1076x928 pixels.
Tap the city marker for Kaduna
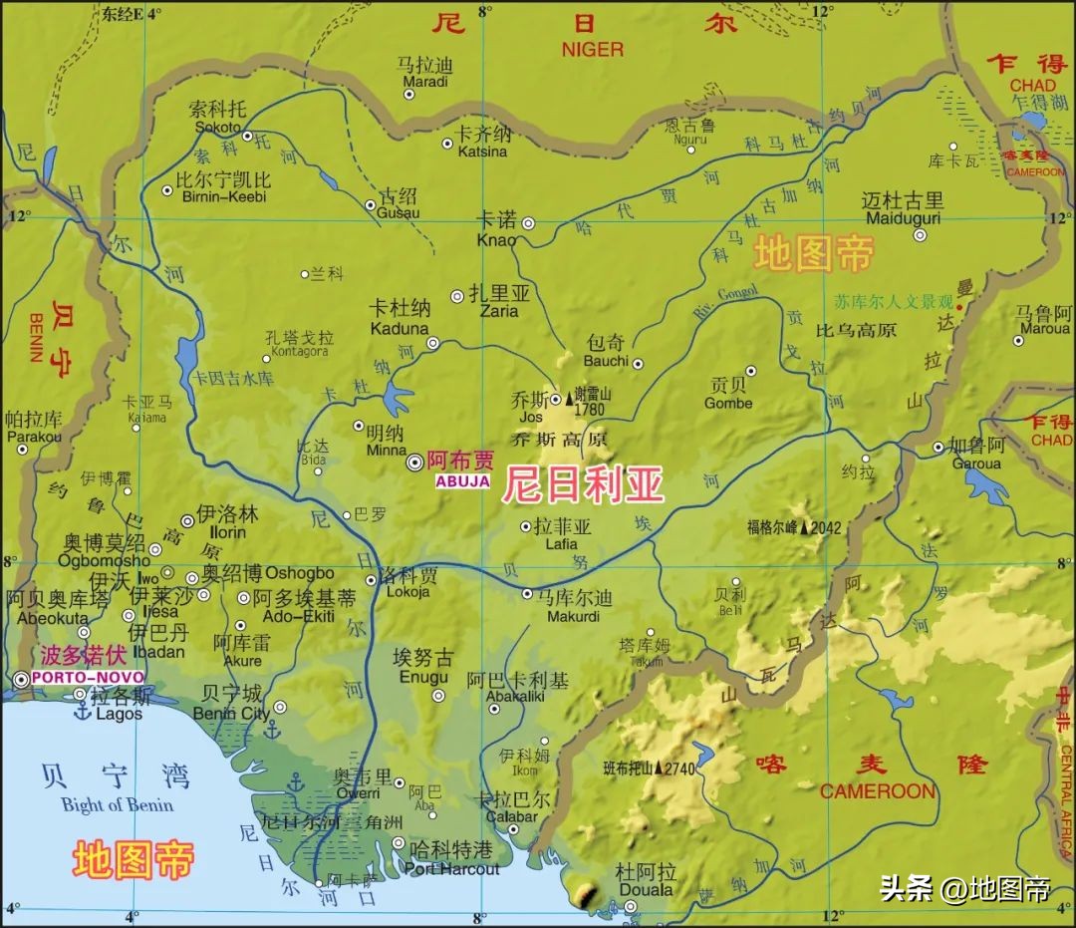tap(433, 343)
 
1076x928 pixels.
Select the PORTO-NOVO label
tap(73, 678)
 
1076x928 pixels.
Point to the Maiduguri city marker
tap(920, 236)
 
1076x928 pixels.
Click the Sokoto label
tap(217, 128)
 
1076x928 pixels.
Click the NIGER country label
tap(592, 49)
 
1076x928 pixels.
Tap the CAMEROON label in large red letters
tap(878, 791)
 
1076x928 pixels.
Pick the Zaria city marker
tap(457, 296)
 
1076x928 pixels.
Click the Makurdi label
tap(573, 616)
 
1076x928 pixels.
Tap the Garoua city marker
tap(938, 448)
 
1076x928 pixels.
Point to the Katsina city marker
tap(447, 144)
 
